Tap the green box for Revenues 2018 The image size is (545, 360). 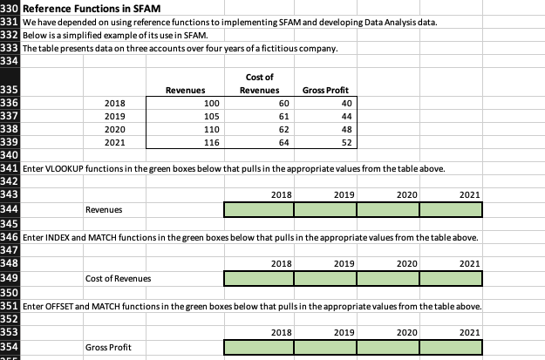click(258, 210)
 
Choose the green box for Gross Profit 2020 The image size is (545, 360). click(388, 348)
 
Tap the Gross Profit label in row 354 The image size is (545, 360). click(109, 348)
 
